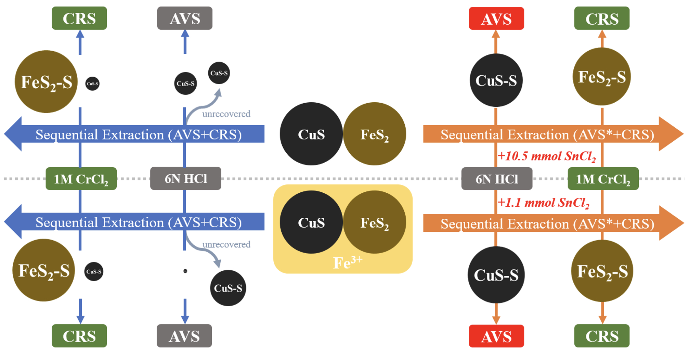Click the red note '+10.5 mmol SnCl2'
(546, 156)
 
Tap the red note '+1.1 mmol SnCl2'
(543, 203)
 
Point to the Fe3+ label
(348, 262)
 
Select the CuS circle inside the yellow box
(311, 222)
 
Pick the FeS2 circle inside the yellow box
(375, 222)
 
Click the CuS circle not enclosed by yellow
(311, 134)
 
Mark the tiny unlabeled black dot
(185, 271)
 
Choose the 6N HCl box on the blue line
(186, 179)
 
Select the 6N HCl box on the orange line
(497, 179)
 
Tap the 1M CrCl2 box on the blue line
(81, 179)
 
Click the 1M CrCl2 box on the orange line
(603, 179)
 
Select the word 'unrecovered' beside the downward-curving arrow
(226, 244)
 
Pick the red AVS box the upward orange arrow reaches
(496, 19)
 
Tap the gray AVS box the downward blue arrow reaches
(184, 336)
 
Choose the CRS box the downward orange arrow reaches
(602, 336)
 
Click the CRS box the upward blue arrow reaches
(79, 18)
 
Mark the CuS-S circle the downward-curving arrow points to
(228, 288)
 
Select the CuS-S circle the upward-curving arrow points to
(219, 73)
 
